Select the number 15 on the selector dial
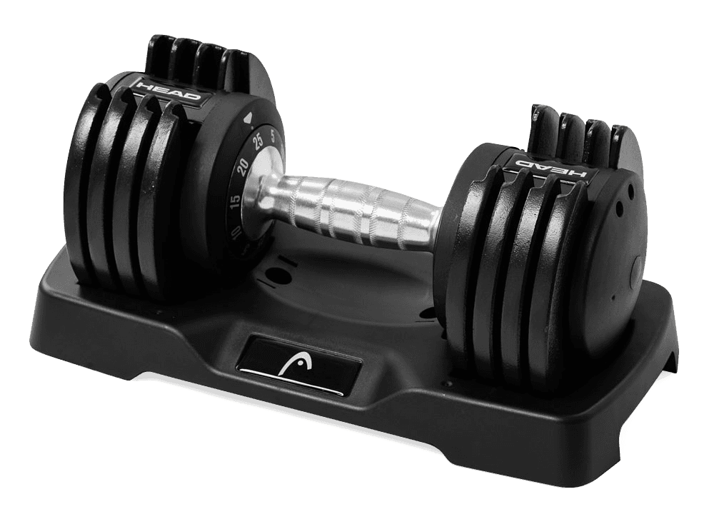[x=235, y=202]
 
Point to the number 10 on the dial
[x=236, y=234]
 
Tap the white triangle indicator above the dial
[x=247, y=119]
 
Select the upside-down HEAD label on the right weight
[x=550, y=166]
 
